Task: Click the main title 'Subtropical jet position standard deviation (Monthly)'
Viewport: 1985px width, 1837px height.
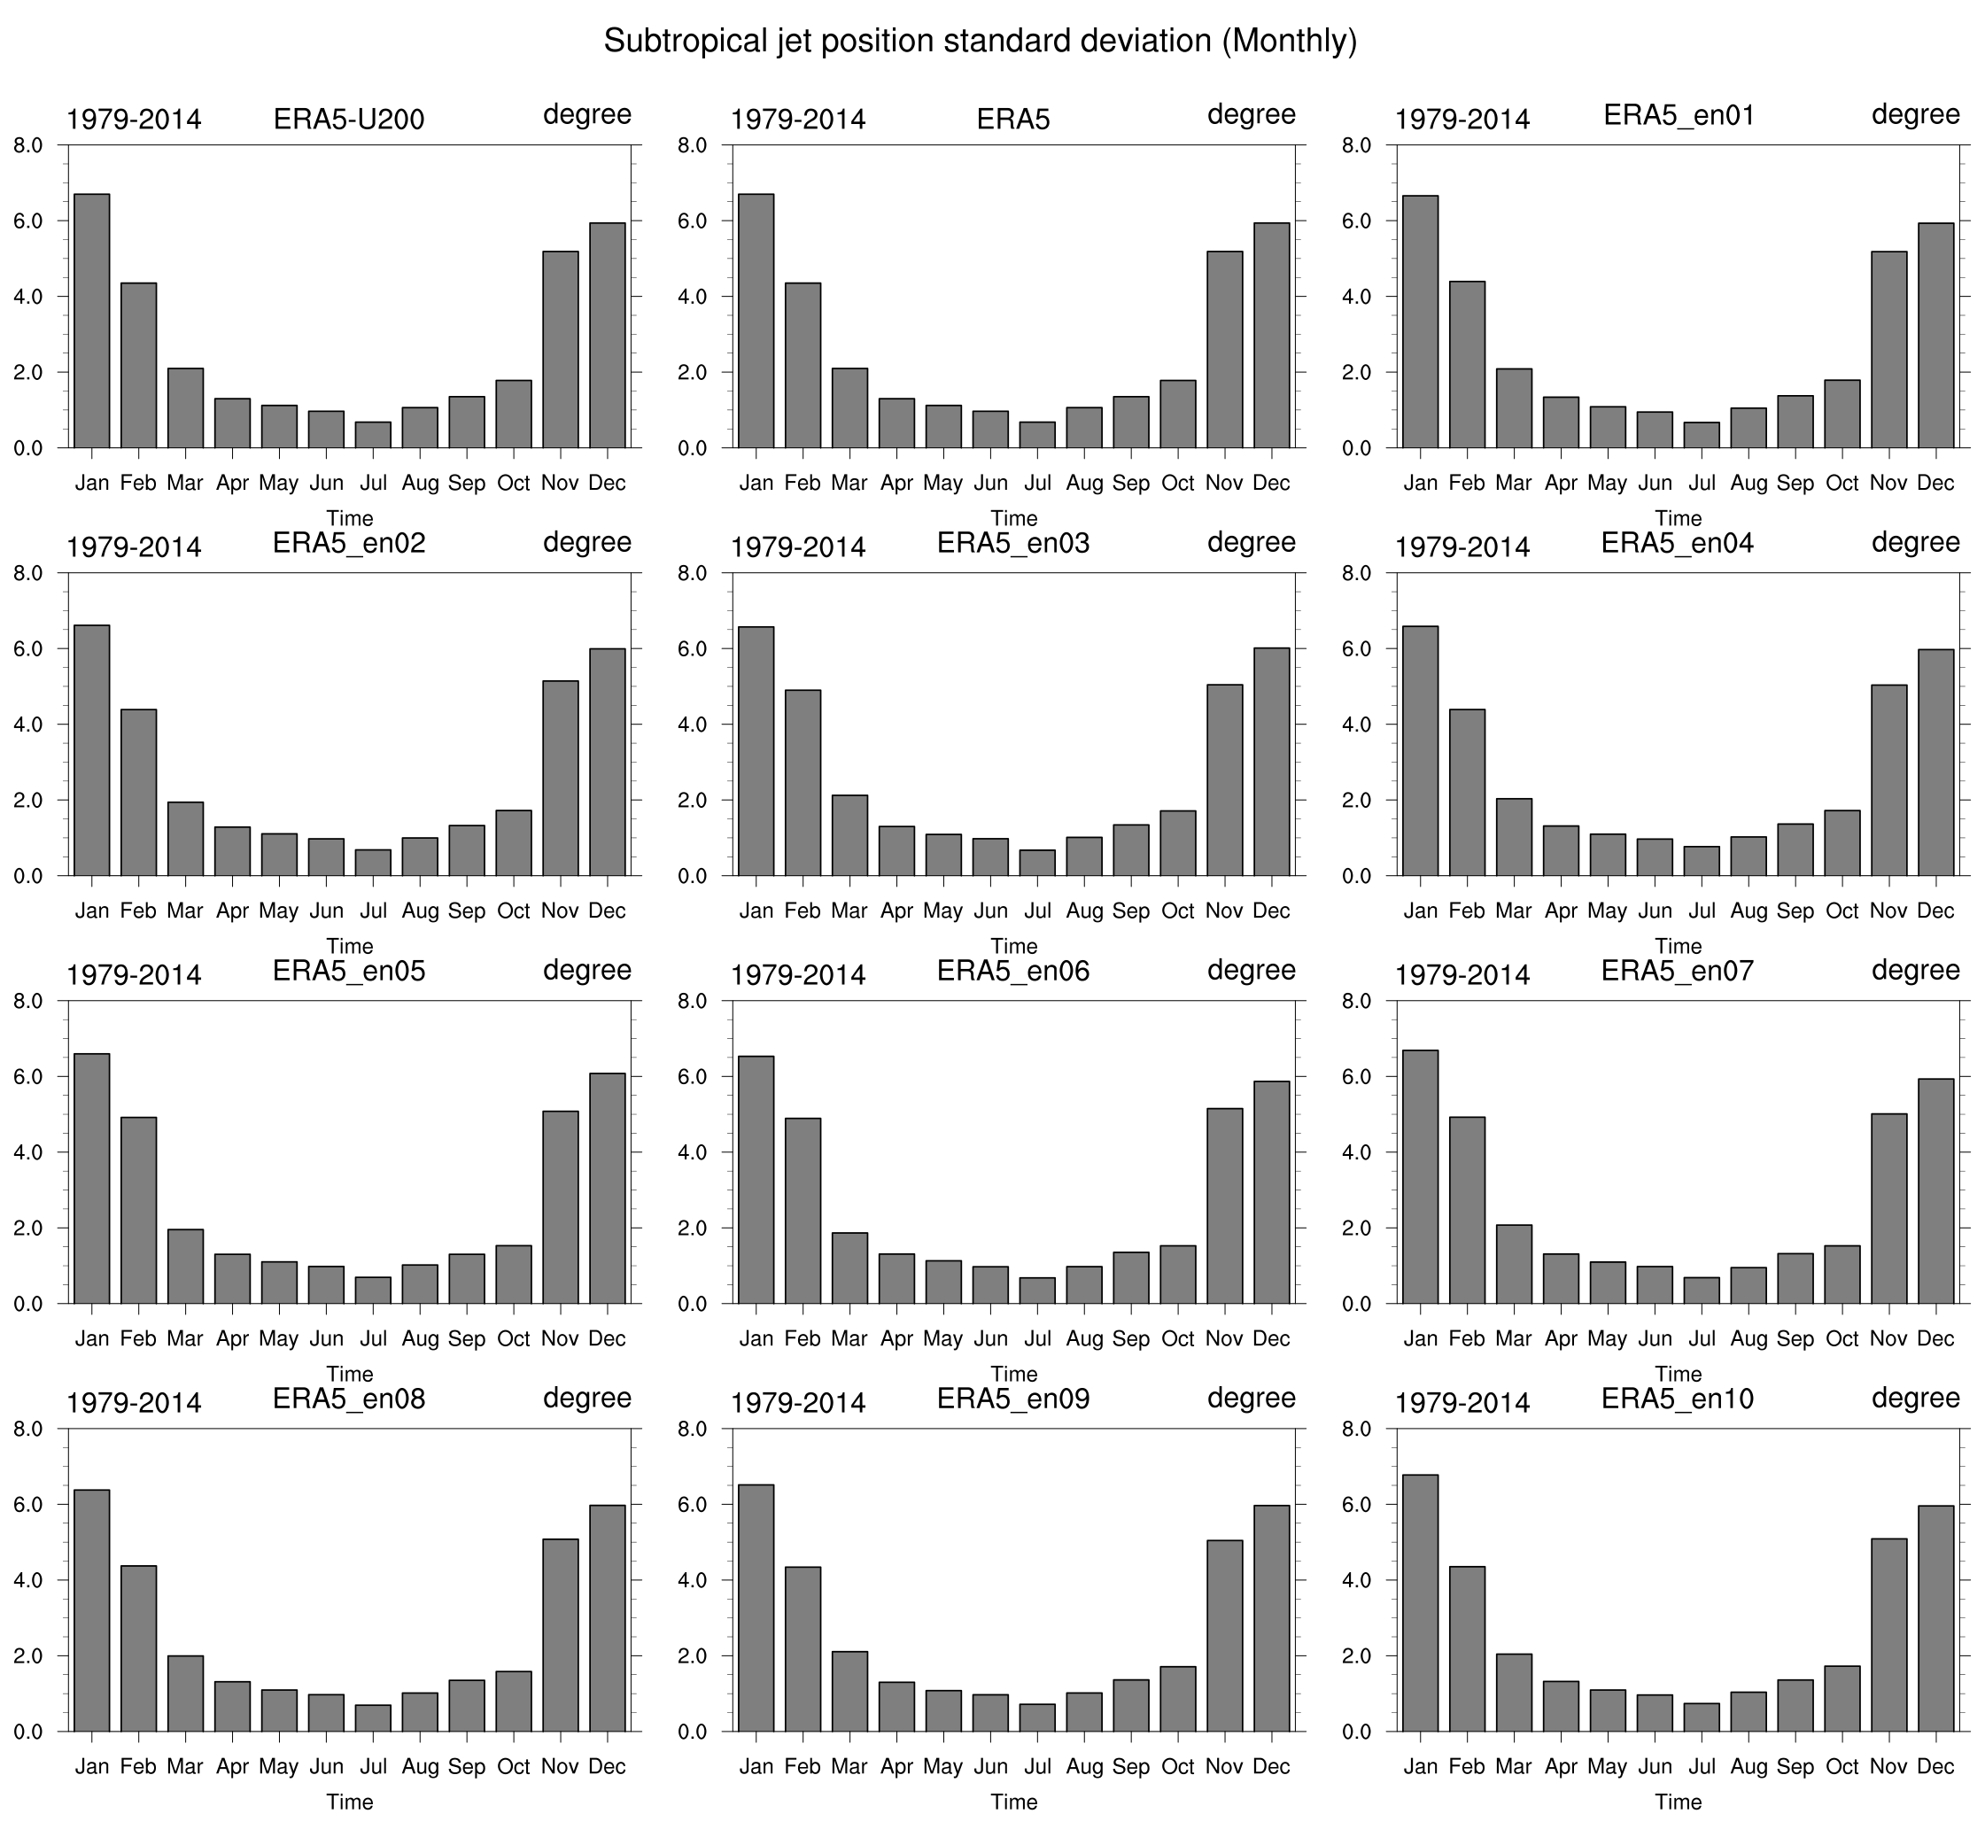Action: [980, 42]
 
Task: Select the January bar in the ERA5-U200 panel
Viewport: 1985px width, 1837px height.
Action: [91, 322]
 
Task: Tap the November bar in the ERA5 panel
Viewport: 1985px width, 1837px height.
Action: [1225, 350]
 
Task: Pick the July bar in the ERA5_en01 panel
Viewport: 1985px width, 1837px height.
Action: [1702, 436]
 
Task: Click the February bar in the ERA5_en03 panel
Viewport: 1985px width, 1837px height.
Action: [803, 782]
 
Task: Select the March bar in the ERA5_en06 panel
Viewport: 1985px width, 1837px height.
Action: [849, 1267]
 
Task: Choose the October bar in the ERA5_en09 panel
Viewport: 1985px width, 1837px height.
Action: [1178, 1699]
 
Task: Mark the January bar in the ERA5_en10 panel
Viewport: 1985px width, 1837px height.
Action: [1419, 1603]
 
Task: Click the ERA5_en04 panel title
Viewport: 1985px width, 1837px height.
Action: [1678, 544]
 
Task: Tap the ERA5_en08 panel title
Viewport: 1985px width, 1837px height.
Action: [349, 1399]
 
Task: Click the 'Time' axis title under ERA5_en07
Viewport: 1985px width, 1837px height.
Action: [1678, 1374]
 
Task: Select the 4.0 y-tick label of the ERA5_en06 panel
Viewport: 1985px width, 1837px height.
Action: [693, 1153]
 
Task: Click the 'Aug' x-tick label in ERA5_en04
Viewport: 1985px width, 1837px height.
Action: [1749, 911]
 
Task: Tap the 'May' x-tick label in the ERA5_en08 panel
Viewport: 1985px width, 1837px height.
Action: [278, 1766]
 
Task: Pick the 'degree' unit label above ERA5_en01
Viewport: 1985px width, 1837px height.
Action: [1915, 115]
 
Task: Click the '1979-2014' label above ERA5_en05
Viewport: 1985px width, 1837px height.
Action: [133, 975]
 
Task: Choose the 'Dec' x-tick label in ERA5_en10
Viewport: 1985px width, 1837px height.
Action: [1935, 1766]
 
